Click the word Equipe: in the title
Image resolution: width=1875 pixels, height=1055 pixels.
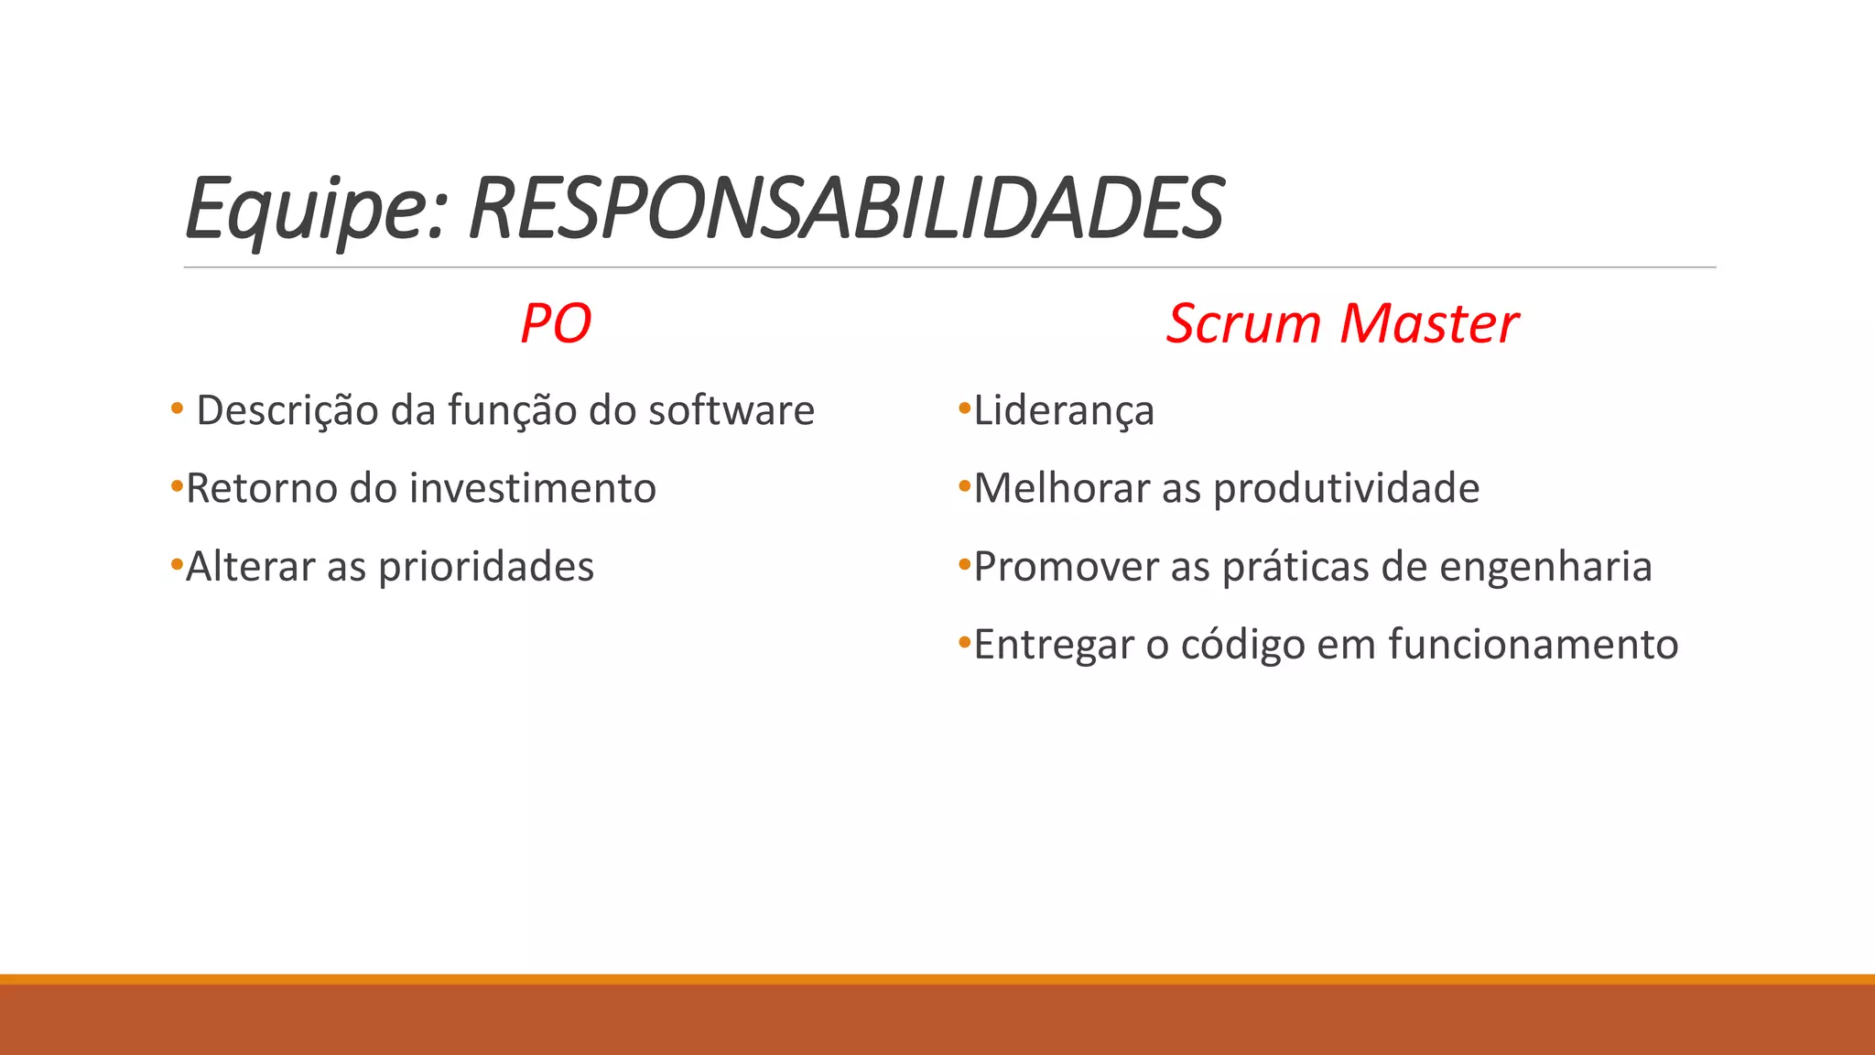316,209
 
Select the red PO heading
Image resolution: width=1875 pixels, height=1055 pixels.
556,323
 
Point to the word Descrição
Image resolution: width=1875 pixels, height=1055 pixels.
287,410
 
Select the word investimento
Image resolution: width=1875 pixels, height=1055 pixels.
533,488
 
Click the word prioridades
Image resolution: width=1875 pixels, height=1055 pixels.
486,567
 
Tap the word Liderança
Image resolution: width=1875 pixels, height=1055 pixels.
1064,410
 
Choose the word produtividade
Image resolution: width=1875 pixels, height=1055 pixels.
1346,488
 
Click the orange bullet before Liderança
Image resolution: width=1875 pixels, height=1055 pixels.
963,408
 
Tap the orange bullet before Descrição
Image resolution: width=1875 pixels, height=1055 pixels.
177,408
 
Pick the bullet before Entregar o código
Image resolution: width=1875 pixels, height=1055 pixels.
963,643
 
